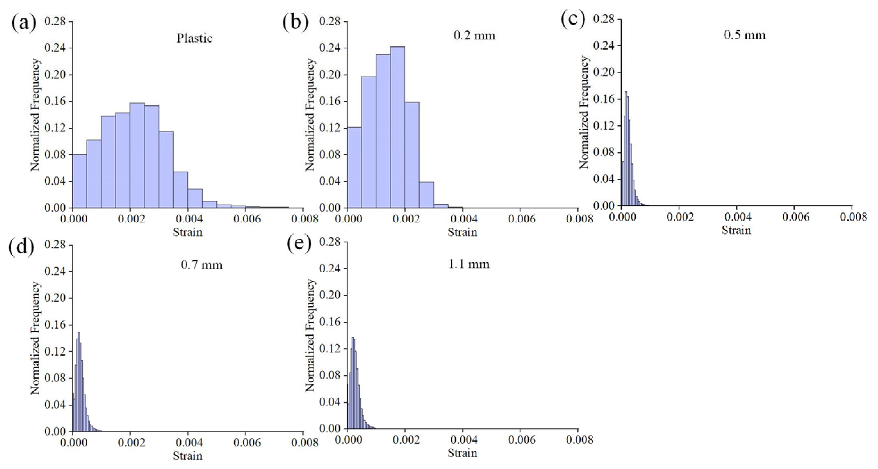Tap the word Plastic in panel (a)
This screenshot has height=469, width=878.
[x=194, y=38]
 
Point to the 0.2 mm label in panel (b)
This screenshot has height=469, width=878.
[x=474, y=35]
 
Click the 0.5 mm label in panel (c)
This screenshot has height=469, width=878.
[x=744, y=35]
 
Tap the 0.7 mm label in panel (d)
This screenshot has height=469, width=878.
[x=202, y=265]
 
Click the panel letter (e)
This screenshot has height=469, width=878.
[x=299, y=244]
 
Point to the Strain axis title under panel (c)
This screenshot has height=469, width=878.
[x=736, y=230]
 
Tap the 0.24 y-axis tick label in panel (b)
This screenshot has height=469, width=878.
[x=330, y=48]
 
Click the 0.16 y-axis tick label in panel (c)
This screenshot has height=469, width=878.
[x=604, y=99]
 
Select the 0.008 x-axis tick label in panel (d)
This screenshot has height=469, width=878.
[x=304, y=443]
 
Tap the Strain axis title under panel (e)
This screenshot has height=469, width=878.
[x=462, y=453]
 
